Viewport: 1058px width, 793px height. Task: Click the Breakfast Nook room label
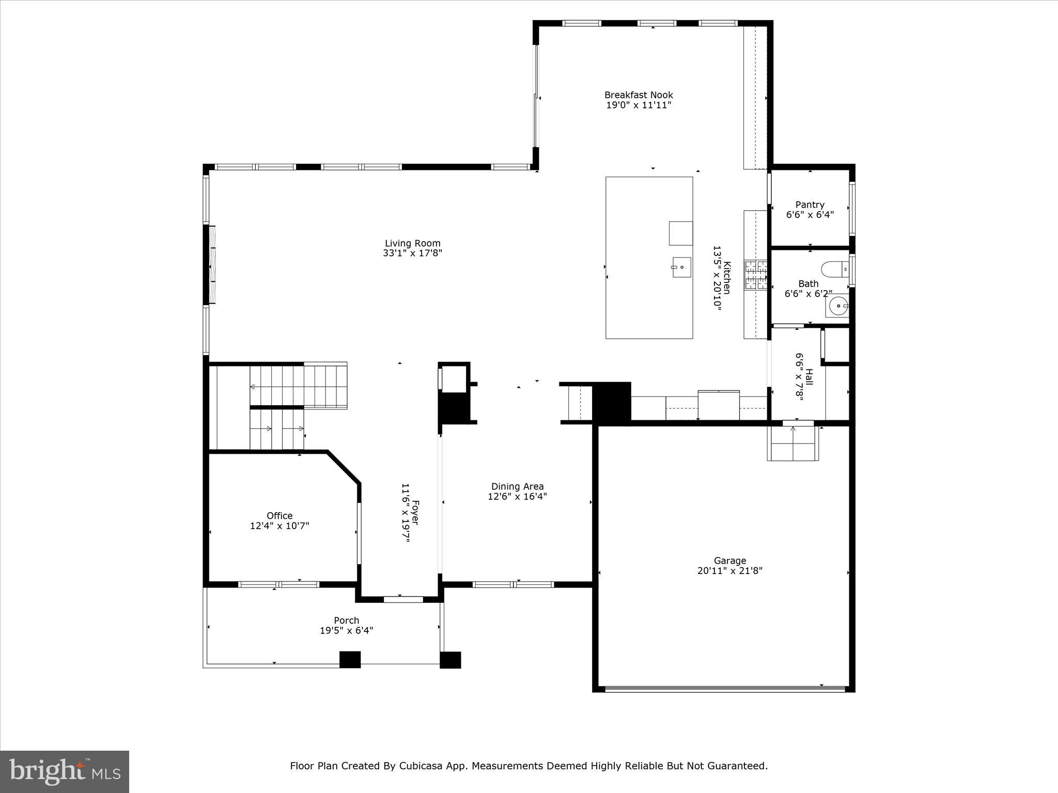(639, 95)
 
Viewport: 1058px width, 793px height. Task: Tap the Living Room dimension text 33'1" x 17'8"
(412, 253)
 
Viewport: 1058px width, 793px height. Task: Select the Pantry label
(810, 205)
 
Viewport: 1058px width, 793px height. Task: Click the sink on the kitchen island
(681, 267)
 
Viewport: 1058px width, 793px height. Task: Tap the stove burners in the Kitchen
(755, 275)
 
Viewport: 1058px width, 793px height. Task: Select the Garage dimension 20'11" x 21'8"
(729, 570)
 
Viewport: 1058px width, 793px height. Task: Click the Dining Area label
(517, 486)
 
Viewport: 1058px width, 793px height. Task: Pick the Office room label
(279, 516)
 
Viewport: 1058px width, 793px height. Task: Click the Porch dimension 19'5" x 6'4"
(346, 630)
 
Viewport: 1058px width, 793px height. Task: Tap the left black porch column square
(350, 659)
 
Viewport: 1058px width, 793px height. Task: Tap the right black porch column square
(450, 660)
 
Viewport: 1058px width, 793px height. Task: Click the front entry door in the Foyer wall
(403, 599)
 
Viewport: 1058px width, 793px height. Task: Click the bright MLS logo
(65, 771)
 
